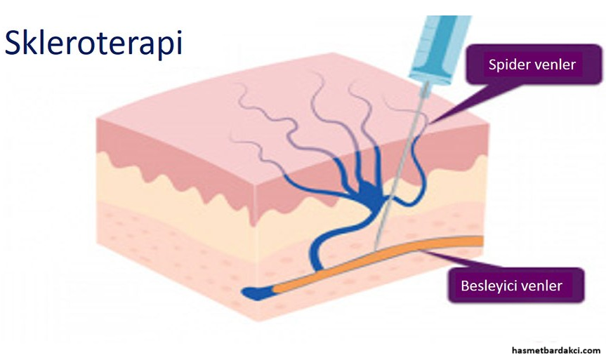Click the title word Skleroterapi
(x=93, y=43)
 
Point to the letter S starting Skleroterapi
(x=15, y=43)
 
